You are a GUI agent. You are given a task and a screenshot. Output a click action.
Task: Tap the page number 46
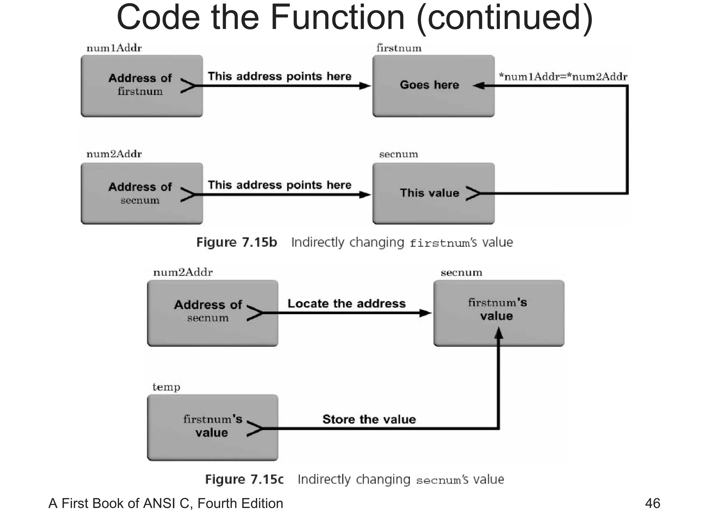(652, 503)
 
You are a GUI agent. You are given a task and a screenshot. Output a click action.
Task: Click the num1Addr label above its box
(114, 48)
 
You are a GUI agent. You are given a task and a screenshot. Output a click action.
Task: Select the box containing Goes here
(433, 86)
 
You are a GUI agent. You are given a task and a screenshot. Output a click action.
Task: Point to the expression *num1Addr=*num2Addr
(563, 76)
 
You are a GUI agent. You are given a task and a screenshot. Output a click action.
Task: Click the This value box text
(429, 193)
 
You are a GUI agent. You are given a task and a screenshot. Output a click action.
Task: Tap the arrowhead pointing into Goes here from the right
(479, 86)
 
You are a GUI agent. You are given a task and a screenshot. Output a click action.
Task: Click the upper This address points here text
(279, 76)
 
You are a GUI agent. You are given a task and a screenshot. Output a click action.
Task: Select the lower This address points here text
(279, 185)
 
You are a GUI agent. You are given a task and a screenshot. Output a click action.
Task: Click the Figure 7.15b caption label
(236, 242)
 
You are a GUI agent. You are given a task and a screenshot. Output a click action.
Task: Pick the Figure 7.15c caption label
(244, 479)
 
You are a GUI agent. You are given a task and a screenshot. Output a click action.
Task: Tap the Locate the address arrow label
(346, 303)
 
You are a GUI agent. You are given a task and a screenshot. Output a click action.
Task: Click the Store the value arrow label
(369, 419)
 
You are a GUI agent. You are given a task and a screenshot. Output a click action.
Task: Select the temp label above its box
(166, 387)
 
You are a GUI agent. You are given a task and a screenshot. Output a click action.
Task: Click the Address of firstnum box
(142, 86)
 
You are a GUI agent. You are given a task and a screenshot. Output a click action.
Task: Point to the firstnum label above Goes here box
(399, 48)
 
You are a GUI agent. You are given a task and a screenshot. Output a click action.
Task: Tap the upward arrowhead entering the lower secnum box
(498, 333)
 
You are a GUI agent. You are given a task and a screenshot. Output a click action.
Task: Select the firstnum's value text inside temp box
(212, 426)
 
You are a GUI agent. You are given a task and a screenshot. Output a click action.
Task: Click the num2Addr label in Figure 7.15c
(183, 272)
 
